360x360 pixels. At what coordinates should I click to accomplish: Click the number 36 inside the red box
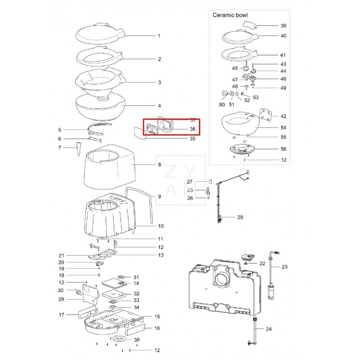tap(193, 129)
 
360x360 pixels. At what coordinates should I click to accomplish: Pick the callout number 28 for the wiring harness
tap(240, 217)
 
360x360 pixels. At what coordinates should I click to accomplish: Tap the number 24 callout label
tap(269, 329)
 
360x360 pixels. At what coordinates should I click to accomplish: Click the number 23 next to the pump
tap(284, 267)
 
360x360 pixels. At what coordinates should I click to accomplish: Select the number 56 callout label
tap(283, 149)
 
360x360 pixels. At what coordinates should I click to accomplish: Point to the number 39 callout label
tap(283, 26)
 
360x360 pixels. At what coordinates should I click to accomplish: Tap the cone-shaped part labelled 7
tap(80, 149)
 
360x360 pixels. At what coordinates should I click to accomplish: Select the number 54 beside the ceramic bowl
tap(283, 128)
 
